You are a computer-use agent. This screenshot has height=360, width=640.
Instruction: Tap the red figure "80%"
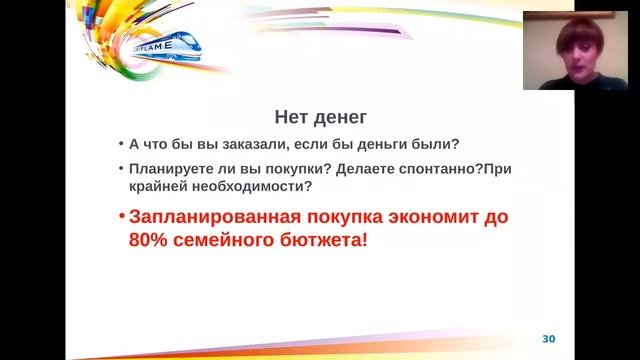point(150,241)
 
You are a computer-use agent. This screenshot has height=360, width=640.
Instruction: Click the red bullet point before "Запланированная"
point(121,217)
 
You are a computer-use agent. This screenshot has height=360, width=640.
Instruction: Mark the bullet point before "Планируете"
point(121,168)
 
